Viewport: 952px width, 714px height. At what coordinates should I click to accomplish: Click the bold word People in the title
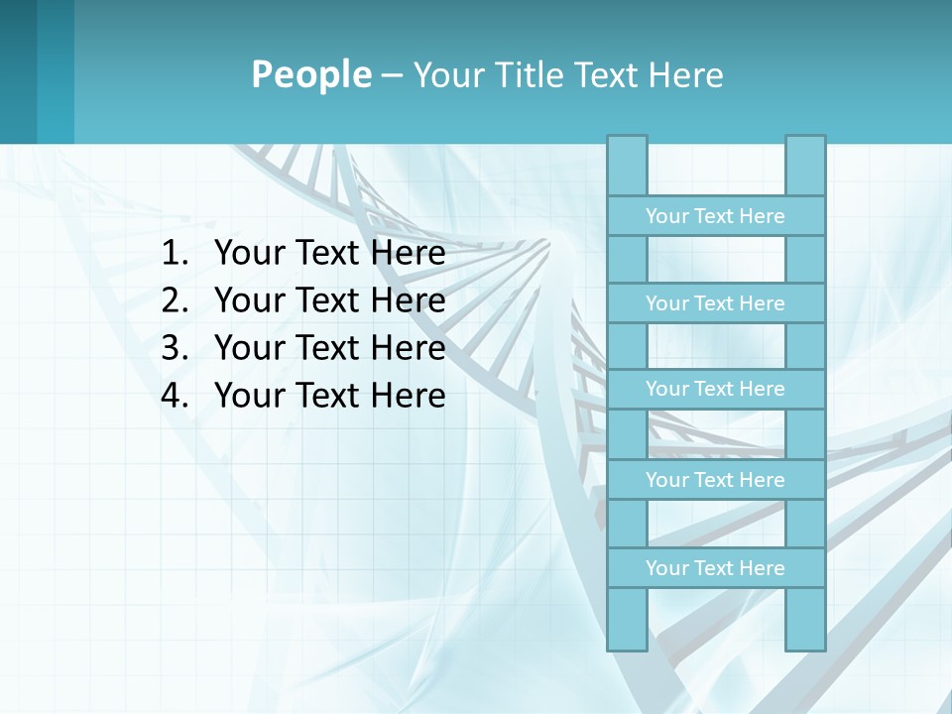tap(310, 74)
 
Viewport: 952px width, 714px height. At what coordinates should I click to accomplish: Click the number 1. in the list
tap(175, 254)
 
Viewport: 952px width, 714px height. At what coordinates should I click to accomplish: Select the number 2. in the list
tap(175, 300)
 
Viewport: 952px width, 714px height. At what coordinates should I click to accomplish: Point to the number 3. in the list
tap(175, 348)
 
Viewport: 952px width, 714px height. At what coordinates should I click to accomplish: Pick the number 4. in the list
tap(175, 396)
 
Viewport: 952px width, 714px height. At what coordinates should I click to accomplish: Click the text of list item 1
tap(329, 254)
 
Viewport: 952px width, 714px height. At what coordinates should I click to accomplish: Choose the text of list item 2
tap(329, 300)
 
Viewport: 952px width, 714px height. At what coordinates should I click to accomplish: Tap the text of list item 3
tap(329, 348)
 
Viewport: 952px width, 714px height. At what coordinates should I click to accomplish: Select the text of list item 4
tap(329, 396)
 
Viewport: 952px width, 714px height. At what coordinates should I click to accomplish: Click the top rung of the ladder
tap(715, 216)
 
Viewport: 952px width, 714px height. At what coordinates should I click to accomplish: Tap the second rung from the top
tap(715, 303)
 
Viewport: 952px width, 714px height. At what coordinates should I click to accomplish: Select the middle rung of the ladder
tap(715, 389)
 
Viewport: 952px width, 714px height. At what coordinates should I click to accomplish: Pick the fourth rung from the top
tap(715, 480)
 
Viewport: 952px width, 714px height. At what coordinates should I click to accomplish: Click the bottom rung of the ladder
tap(715, 568)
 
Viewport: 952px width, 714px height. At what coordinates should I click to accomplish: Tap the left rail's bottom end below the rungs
tap(627, 619)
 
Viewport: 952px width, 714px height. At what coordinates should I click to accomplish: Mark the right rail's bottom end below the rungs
tap(805, 619)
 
